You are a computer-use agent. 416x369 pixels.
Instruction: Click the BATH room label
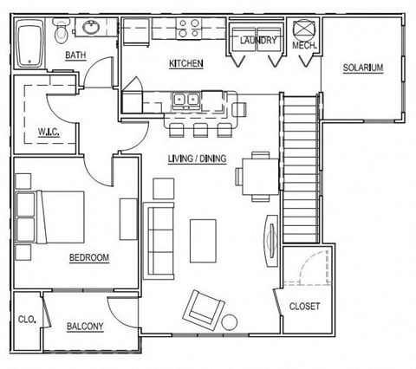pos(75,57)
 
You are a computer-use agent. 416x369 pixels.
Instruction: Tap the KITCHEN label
pos(186,64)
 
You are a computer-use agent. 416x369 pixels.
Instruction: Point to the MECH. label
pos(305,45)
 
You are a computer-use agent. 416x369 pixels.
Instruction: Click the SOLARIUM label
pos(362,68)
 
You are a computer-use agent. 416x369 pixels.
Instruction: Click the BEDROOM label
pos(88,257)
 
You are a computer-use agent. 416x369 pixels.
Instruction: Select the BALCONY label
pos(85,327)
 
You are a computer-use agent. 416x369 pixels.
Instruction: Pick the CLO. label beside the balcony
pos(27,319)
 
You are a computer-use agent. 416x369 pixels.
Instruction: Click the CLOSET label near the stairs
pos(304,306)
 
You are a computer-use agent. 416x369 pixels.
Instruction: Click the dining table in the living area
pos(258,172)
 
